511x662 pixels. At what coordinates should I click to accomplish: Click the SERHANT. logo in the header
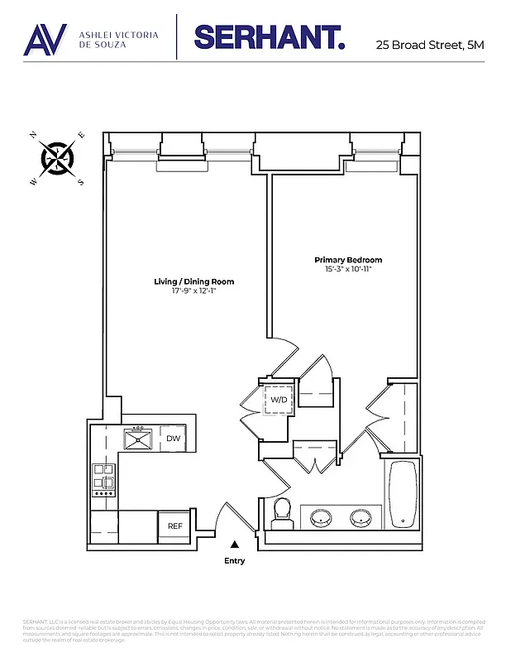(269, 36)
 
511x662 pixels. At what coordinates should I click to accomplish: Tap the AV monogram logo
(45, 38)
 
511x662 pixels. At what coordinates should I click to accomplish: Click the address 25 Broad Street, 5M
(428, 45)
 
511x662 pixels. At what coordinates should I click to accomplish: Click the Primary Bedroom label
(348, 260)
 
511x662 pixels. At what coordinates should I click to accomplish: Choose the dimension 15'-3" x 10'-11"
(348, 270)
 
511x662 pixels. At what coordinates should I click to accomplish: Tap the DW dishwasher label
(174, 439)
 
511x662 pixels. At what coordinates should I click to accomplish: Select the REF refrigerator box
(175, 525)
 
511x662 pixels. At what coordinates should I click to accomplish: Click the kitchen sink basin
(135, 439)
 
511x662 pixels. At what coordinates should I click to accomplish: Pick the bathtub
(403, 494)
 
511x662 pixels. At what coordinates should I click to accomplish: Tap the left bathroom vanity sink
(321, 519)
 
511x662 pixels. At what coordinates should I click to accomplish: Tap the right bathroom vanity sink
(361, 519)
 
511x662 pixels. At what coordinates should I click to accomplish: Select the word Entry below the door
(235, 560)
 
